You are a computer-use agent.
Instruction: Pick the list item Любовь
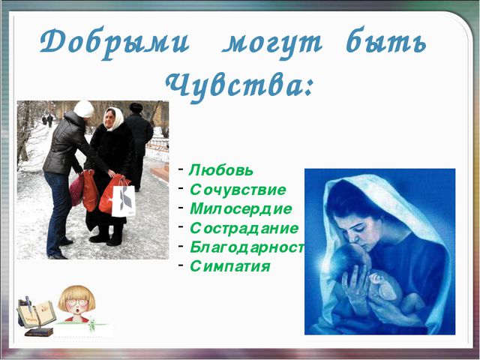(221, 170)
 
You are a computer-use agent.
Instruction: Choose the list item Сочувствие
(238, 190)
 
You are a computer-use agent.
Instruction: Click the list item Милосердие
(241, 209)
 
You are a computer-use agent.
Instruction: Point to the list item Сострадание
(244, 228)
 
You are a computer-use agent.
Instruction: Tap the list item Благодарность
(247, 247)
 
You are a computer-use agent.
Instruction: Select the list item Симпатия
(230, 266)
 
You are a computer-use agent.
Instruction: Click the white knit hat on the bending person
(83, 109)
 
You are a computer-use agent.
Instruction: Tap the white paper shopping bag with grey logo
(123, 201)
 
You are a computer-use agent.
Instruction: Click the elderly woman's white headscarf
(115, 118)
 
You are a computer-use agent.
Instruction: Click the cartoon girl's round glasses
(76, 303)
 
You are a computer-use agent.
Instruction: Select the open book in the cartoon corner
(37, 314)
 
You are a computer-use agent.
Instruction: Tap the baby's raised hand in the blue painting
(376, 278)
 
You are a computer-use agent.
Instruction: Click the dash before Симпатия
(181, 264)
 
